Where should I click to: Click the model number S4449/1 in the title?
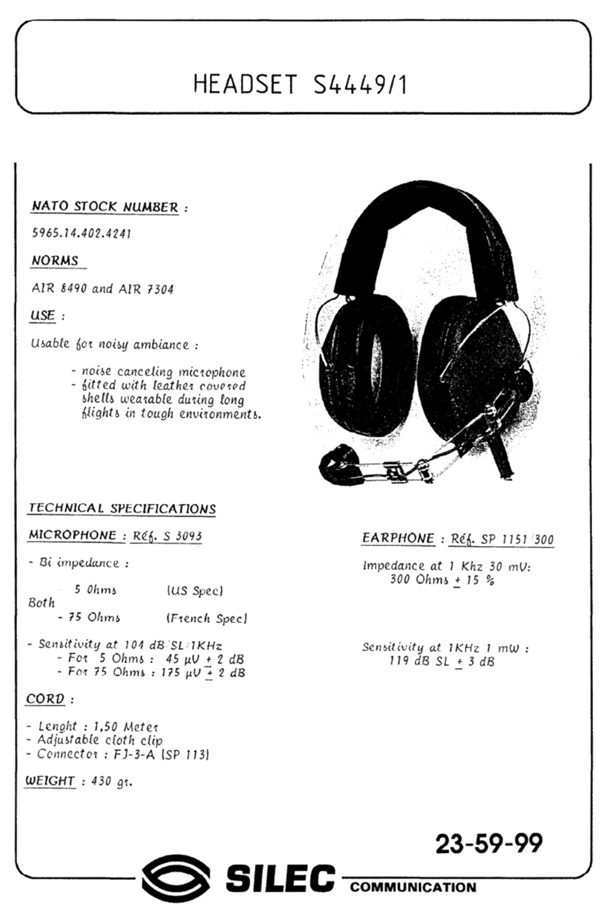click(x=359, y=85)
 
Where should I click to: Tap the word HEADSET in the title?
click(x=244, y=85)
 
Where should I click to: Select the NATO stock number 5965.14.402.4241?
click(x=81, y=233)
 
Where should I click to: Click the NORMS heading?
click(x=55, y=261)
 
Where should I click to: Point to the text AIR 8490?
click(x=58, y=289)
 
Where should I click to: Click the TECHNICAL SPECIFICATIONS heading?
click(x=122, y=508)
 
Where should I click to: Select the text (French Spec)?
click(x=207, y=618)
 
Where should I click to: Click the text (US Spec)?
click(x=195, y=591)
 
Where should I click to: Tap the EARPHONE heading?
click(x=398, y=538)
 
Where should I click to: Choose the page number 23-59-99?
click(x=488, y=844)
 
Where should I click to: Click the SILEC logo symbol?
click(x=176, y=878)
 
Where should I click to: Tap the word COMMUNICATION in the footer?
click(x=413, y=888)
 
